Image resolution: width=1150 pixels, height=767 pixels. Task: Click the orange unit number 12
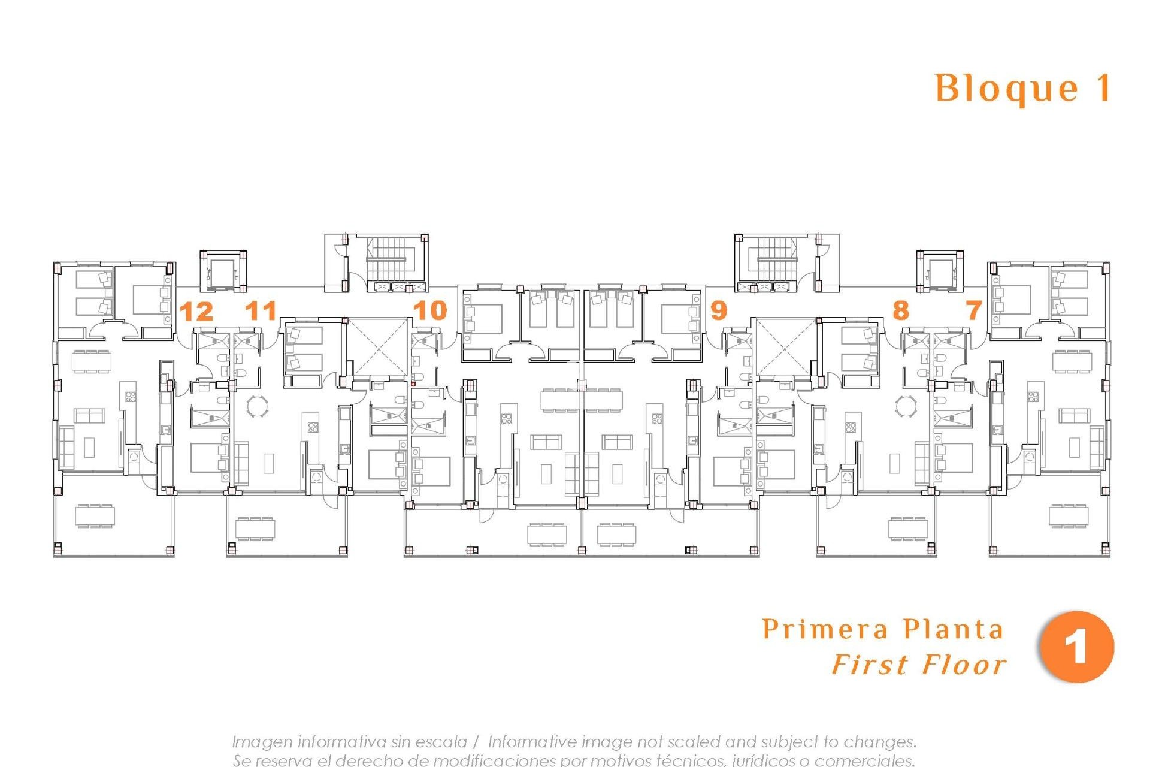point(196,312)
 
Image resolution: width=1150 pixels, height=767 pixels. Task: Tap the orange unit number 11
point(262,310)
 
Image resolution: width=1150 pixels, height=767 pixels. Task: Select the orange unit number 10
point(430,310)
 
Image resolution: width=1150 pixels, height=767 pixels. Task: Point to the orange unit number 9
point(718,310)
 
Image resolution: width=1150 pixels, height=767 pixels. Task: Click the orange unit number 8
point(900,310)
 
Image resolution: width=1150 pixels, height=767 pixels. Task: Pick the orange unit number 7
point(974,310)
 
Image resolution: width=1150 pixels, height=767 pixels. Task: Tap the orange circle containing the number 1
point(1077,647)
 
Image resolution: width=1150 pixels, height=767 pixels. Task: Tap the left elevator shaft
point(223,273)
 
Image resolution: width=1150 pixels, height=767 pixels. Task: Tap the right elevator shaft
point(940,273)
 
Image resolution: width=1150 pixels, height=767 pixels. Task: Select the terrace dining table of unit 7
point(1069,515)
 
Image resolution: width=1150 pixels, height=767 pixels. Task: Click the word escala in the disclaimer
point(443,742)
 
